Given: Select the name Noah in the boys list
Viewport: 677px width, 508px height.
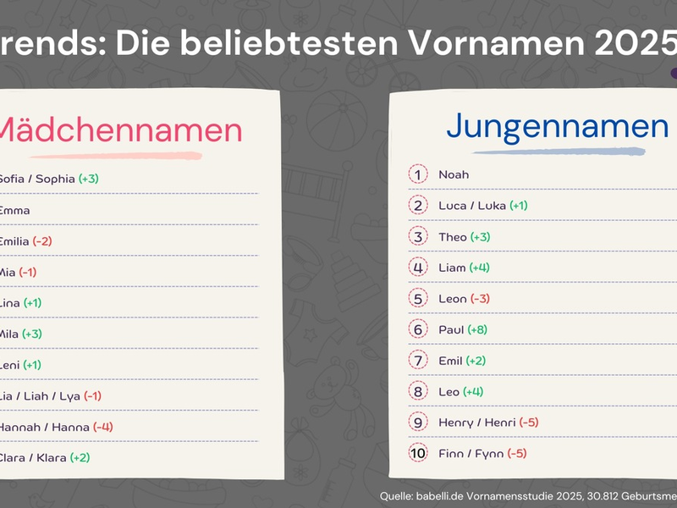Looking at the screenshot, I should tap(454, 174).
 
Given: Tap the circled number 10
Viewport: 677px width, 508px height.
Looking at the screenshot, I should tap(419, 453).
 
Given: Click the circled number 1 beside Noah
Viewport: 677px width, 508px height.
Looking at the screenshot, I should tap(419, 174).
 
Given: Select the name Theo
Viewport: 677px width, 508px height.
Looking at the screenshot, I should tap(452, 236).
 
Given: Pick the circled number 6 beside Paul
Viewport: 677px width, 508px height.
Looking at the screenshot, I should tap(419, 329).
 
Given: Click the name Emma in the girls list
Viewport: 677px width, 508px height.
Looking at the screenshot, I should tap(14, 210).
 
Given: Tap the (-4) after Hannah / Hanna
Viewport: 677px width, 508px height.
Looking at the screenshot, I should tap(103, 427).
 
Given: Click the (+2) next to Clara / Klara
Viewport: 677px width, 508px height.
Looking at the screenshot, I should tap(80, 457).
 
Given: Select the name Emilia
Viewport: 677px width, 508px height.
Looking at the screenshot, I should tap(14, 241).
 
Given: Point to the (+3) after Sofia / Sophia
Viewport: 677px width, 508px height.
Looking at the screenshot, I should tap(89, 179).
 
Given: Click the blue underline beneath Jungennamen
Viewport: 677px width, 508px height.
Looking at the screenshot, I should tap(559, 152).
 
